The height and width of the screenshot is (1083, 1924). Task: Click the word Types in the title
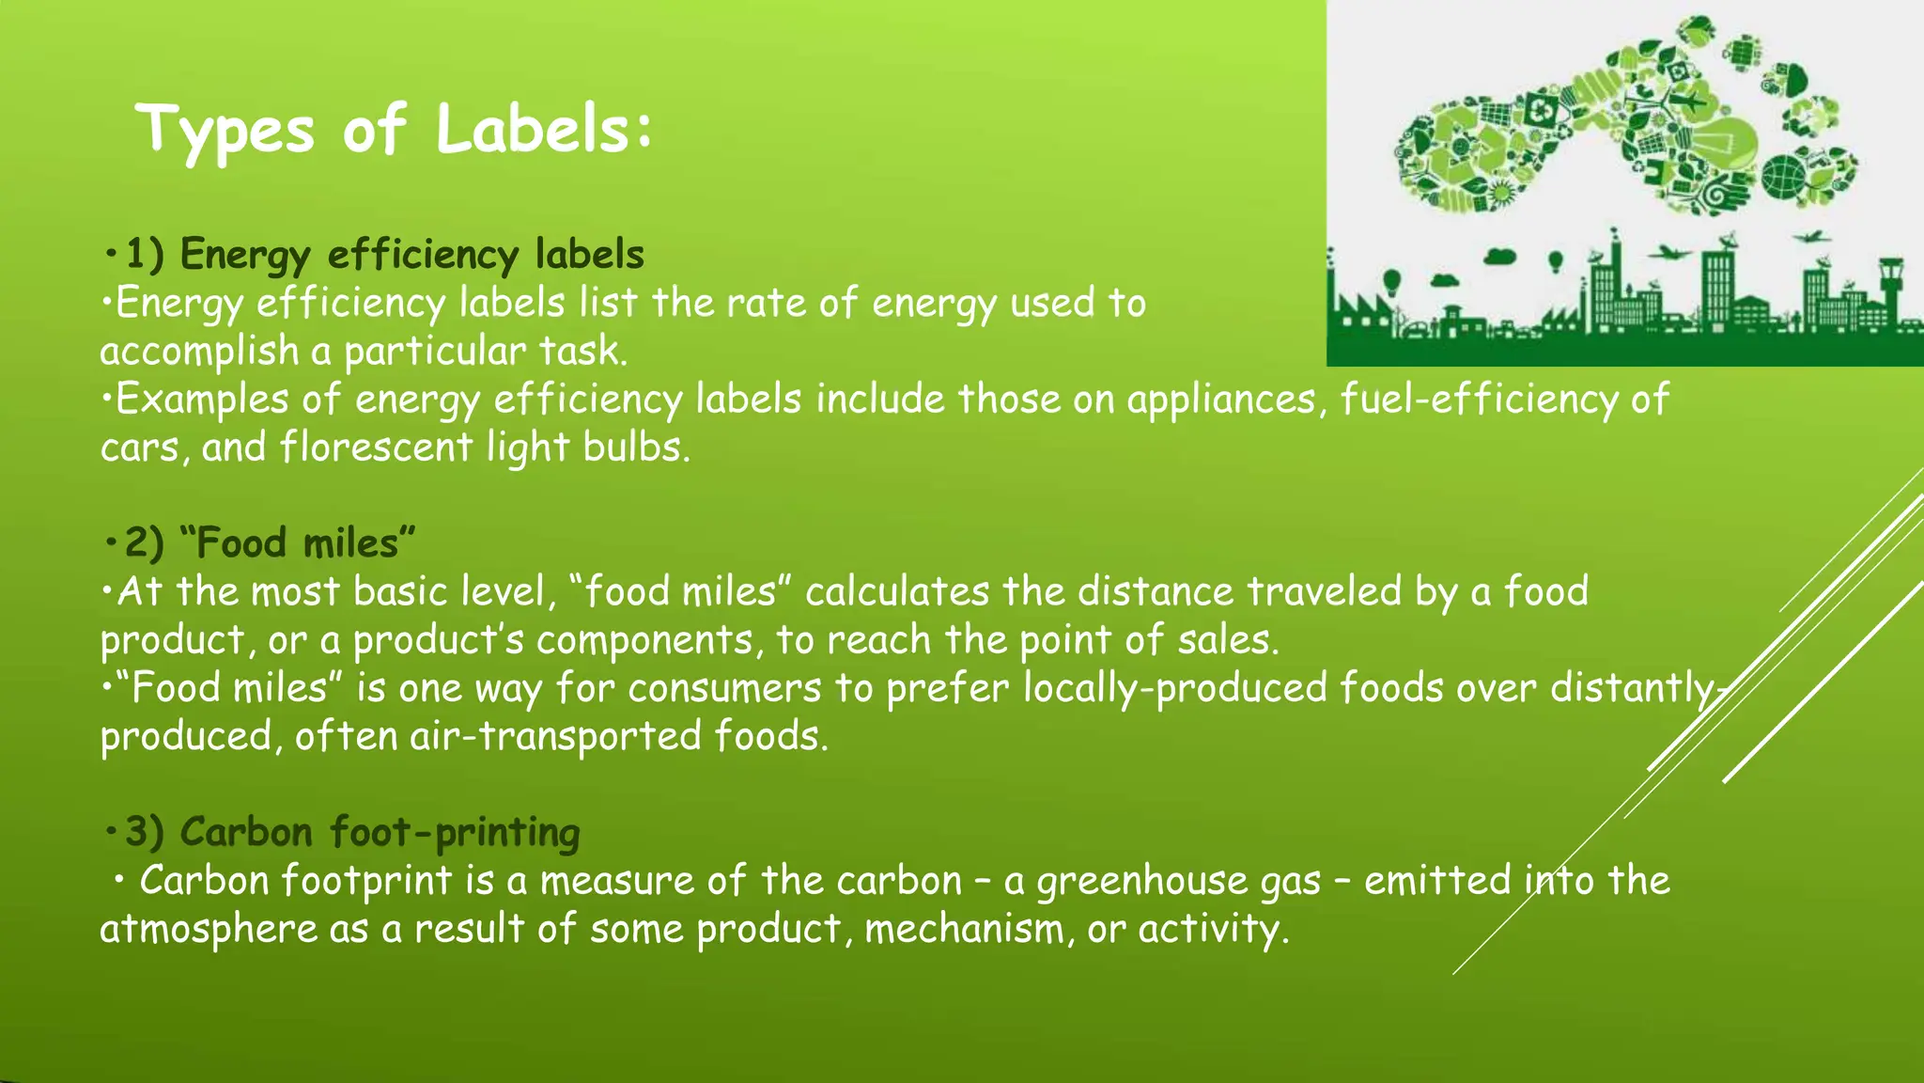[x=225, y=131]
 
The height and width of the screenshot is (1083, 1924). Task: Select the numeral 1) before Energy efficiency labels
[x=145, y=255]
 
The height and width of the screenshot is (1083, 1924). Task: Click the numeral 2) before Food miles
[x=145, y=543]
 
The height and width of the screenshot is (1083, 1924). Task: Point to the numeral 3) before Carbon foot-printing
[x=145, y=832]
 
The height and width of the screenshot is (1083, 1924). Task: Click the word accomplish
[x=199, y=352]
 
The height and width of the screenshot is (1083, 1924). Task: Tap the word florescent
[x=376, y=447]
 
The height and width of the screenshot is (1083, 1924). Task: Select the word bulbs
[x=636, y=447]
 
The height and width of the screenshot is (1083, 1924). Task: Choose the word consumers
[x=724, y=688]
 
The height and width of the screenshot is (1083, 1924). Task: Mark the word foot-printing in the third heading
[x=456, y=833]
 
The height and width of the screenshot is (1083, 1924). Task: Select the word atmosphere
[x=209, y=929]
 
